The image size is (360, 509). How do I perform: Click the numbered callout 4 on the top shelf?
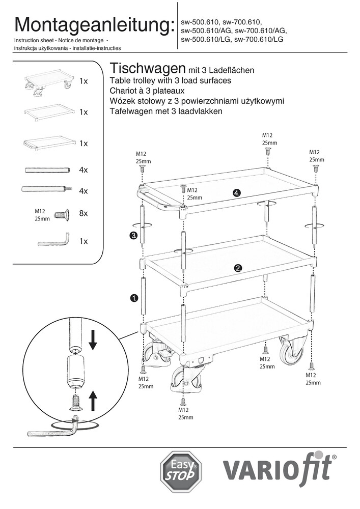[x=236, y=192]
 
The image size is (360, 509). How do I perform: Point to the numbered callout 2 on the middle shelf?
[x=238, y=268]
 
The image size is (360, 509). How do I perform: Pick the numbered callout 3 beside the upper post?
[x=133, y=235]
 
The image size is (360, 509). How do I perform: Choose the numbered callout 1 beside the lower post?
[x=134, y=298]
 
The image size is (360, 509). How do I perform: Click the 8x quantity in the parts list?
[x=84, y=214]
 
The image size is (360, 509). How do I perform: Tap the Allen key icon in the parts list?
[x=54, y=240]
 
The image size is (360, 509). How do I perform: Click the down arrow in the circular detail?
[x=93, y=340]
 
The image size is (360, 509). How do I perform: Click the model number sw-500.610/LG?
[x=206, y=39]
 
